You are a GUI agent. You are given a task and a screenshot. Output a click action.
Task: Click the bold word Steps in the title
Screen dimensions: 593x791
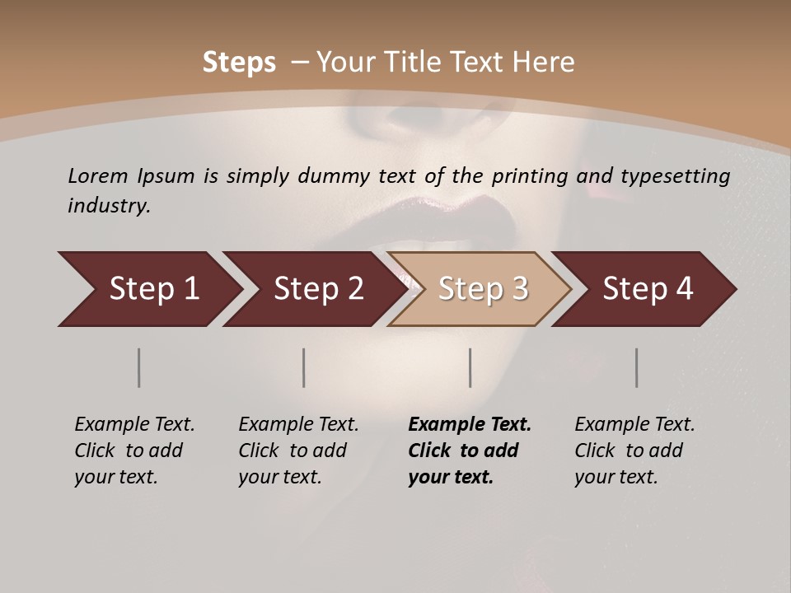[239, 63]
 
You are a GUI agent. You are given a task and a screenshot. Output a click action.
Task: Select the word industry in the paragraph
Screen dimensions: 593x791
[107, 206]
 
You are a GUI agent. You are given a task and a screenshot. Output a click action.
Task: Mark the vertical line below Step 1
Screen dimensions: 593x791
[139, 367]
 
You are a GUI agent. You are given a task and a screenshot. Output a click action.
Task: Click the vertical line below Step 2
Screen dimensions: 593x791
[304, 367]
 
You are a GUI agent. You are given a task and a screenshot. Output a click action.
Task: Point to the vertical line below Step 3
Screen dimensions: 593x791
[470, 367]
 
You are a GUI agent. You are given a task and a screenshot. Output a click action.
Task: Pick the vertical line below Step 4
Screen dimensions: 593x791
[637, 367]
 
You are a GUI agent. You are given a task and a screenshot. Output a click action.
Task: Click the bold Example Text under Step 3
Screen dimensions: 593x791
[470, 425]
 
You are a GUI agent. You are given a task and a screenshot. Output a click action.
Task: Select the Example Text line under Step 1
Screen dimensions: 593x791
[134, 425]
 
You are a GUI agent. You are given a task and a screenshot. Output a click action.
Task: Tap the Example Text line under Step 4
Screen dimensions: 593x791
[634, 425]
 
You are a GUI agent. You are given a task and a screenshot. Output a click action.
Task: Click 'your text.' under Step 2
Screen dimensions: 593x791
[280, 477]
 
